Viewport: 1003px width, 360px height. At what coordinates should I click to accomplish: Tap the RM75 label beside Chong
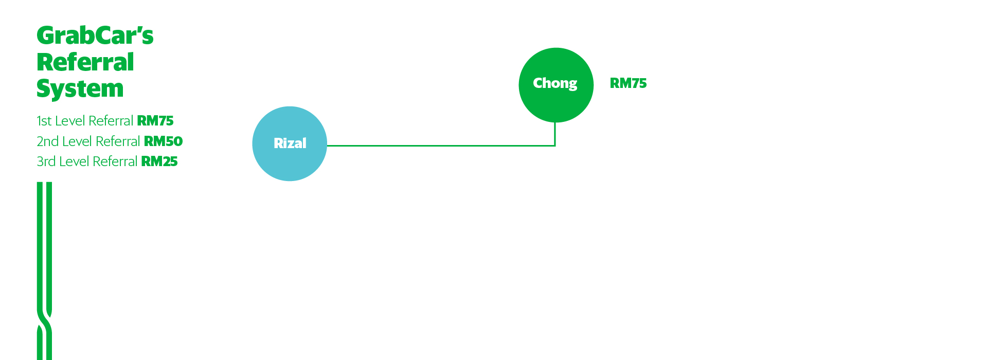click(x=628, y=83)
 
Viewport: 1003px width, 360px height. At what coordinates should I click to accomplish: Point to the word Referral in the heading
click(x=85, y=62)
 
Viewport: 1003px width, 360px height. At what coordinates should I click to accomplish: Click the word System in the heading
click(x=80, y=88)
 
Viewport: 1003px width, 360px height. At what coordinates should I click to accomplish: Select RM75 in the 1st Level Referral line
click(x=155, y=121)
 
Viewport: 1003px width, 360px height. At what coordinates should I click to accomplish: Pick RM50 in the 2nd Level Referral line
click(x=163, y=141)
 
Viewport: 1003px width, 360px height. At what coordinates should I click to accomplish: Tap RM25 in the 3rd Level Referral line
click(x=159, y=161)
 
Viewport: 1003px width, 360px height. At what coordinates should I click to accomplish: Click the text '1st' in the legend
click(x=44, y=121)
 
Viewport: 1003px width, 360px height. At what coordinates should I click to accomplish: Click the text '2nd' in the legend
click(x=47, y=141)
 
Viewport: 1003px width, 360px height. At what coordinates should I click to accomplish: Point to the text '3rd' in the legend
click(x=46, y=161)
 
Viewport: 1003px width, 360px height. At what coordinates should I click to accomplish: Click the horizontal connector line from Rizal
click(x=437, y=146)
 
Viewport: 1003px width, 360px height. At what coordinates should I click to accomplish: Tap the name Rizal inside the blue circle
click(x=290, y=143)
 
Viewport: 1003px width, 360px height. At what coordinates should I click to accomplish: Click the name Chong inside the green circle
click(x=555, y=83)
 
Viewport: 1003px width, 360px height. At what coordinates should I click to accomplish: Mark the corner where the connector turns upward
click(x=555, y=146)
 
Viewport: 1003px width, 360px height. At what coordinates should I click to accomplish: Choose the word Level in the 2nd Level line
click(x=77, y=141)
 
